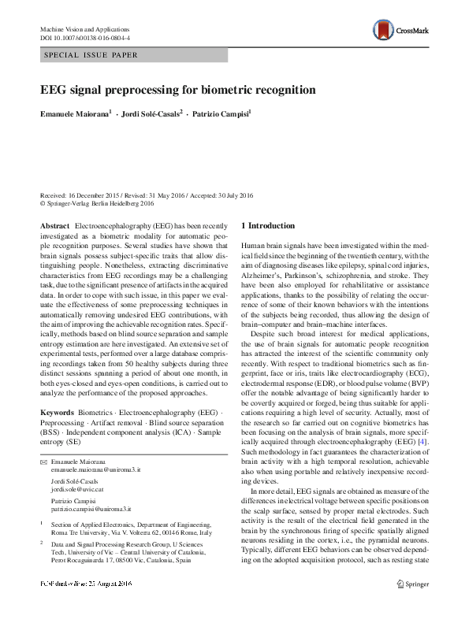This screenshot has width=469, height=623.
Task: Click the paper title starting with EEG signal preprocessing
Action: pos(178,90)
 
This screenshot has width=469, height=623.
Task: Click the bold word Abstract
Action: pos(54,225)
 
